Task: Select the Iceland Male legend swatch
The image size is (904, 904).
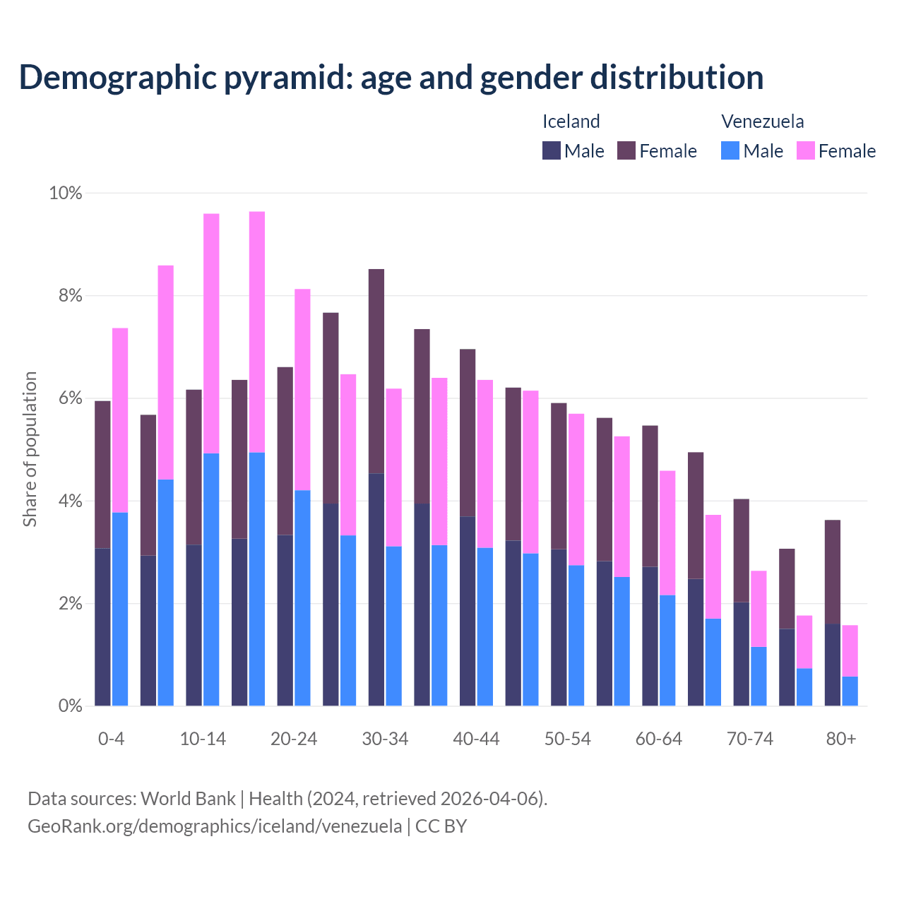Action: pyautogui.click(x=552, y=150)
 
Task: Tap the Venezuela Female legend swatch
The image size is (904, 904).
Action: pyautogui.click(x=805, y=150)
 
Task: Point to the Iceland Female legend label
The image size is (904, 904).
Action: pyautogui.click(x=667, y=151)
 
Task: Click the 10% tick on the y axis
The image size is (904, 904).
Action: pyautogui.click(x=65, y=193)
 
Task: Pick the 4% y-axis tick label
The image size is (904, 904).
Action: pyautogui.click(x=69, y=501)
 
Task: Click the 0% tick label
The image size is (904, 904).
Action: pyautogui.click(x=69, y=706)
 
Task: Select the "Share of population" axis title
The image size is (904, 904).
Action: pyautogui.click(x=30, y=449)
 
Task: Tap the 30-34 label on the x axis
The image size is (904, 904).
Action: pyautogui.click(x=385, y=739)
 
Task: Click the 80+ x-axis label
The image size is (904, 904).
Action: pyautogui.click(x=841, y=739)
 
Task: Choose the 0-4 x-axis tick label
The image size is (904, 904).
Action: pyautogui.click(x=111, y=739)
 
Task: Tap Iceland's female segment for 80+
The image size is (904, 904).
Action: pyautogui.click(x=833, y=572)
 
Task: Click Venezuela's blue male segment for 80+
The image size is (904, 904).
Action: pyautogui.click(x=850, y=691)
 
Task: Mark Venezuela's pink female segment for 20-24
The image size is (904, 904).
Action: pyautogui.click(x=302, y=389)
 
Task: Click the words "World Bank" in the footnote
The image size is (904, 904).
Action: pyautogui.click(x=188, y=799)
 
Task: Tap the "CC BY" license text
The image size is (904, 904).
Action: pyautogui.click(x=441, y=826)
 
